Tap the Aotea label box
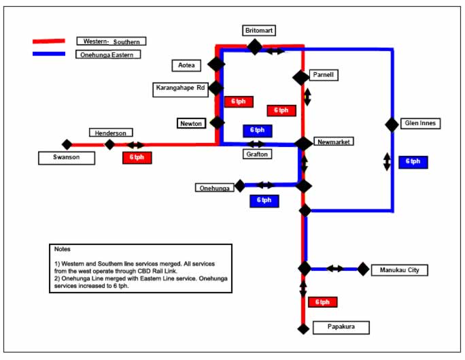coord(187,65)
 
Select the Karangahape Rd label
coord(180,88)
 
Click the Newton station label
coord(190,123)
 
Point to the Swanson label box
coord(67,158)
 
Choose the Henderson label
coord(110,133)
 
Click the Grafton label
coord(256,154)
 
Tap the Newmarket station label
coord(332,142)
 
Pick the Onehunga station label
coord(214,188)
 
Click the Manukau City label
coord(400,270)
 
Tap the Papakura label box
coord(341,328)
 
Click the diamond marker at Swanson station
coord(67,144)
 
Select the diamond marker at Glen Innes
coord(392,125)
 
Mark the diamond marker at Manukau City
coord(363,269)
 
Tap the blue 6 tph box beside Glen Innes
coord(413,162)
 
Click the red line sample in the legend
coord(49,42)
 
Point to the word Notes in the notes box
coord(62,249)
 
